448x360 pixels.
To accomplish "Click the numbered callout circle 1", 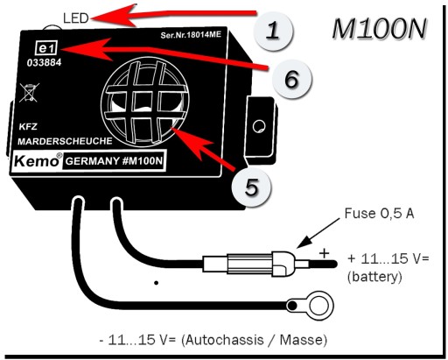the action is pos(273,31).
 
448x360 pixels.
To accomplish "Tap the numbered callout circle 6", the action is pos(292,79).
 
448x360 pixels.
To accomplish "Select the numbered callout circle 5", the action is pos(251,187).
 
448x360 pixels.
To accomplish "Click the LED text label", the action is pos(76,18).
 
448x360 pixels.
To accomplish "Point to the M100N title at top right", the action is pos(379,28).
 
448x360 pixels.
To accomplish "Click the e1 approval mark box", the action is pos(46,48).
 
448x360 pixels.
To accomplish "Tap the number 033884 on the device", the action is pos(45,62).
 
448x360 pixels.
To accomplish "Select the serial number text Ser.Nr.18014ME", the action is pos(191,35).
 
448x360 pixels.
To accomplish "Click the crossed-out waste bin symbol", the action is pos(29,93).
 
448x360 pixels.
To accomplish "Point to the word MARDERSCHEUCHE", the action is pos(65,141).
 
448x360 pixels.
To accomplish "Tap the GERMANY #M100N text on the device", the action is pos(114,161).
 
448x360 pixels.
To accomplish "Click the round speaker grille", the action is pos(145,102).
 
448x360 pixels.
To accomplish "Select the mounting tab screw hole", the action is pos(259,126).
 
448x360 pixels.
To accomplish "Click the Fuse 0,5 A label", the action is pos(379,214).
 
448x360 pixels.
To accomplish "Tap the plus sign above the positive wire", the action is pos(324,253).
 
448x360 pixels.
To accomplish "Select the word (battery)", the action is pos(374,276).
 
